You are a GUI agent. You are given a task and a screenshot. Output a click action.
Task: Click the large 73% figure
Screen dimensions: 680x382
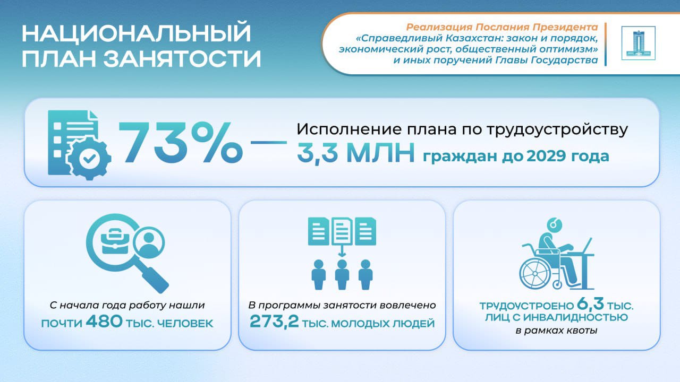point(181,143)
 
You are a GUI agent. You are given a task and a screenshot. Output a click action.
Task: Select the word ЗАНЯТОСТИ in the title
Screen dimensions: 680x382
point(182,58)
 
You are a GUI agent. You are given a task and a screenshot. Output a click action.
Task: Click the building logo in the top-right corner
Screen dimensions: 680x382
point(639,43)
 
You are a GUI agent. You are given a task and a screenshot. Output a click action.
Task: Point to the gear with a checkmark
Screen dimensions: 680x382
point(89,158)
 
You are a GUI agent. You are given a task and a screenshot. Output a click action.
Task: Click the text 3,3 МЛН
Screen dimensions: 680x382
point(356,153)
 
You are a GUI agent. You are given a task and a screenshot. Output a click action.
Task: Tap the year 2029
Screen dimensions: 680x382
point(546,157)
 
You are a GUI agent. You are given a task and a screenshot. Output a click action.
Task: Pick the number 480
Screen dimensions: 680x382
point(104,322)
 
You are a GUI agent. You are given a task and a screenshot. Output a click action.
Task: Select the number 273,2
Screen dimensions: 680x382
point(274,322)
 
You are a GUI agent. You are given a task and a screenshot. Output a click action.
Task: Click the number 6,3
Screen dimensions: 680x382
point(590,304)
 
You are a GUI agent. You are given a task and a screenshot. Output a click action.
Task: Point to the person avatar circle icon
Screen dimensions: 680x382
point(149,242)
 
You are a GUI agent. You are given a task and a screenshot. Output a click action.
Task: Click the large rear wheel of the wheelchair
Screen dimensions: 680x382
point(534,273)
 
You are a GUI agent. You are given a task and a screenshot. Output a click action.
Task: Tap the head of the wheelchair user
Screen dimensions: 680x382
point(554,225)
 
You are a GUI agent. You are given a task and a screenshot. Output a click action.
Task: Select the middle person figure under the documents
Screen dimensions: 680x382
point(342,274)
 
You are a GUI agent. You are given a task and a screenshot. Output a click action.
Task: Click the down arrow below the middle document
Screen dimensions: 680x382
point(342,250)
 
